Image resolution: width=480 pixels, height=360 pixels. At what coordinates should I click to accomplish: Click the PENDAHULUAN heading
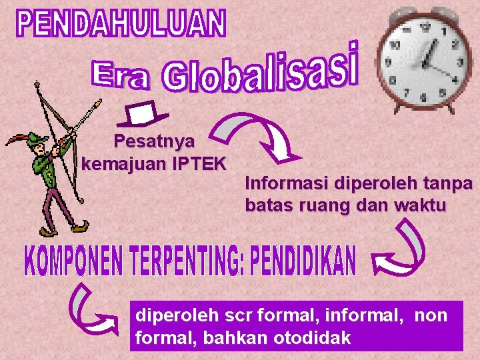point(121,24)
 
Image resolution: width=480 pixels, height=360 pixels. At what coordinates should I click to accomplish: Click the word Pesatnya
point(154,141)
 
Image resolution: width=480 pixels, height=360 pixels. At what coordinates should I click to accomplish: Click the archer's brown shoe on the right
point(81,228)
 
